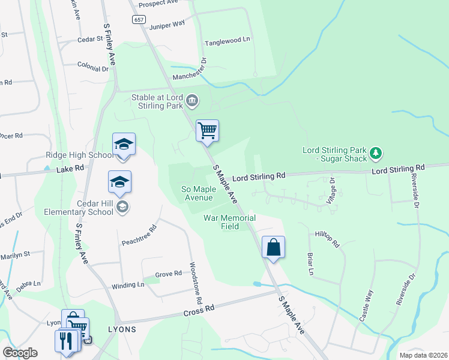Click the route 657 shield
tap(139, 20)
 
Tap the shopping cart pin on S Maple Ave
tap(207, 130)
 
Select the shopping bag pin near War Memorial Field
tap(273, 247)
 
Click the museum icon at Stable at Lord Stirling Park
tap(191, 100)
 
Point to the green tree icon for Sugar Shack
tap(376, 154)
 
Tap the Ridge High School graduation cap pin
tap(124, 145)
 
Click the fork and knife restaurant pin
tap(66, 340)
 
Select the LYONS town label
tap(122, 329)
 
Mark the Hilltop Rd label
tap(328, 239)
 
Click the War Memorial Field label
tap(229, 222)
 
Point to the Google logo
tap(20, 353)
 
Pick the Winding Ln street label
tap(128, 285)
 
